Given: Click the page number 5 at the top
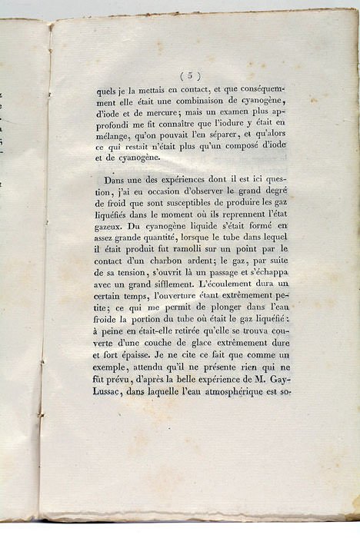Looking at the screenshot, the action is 190,75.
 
